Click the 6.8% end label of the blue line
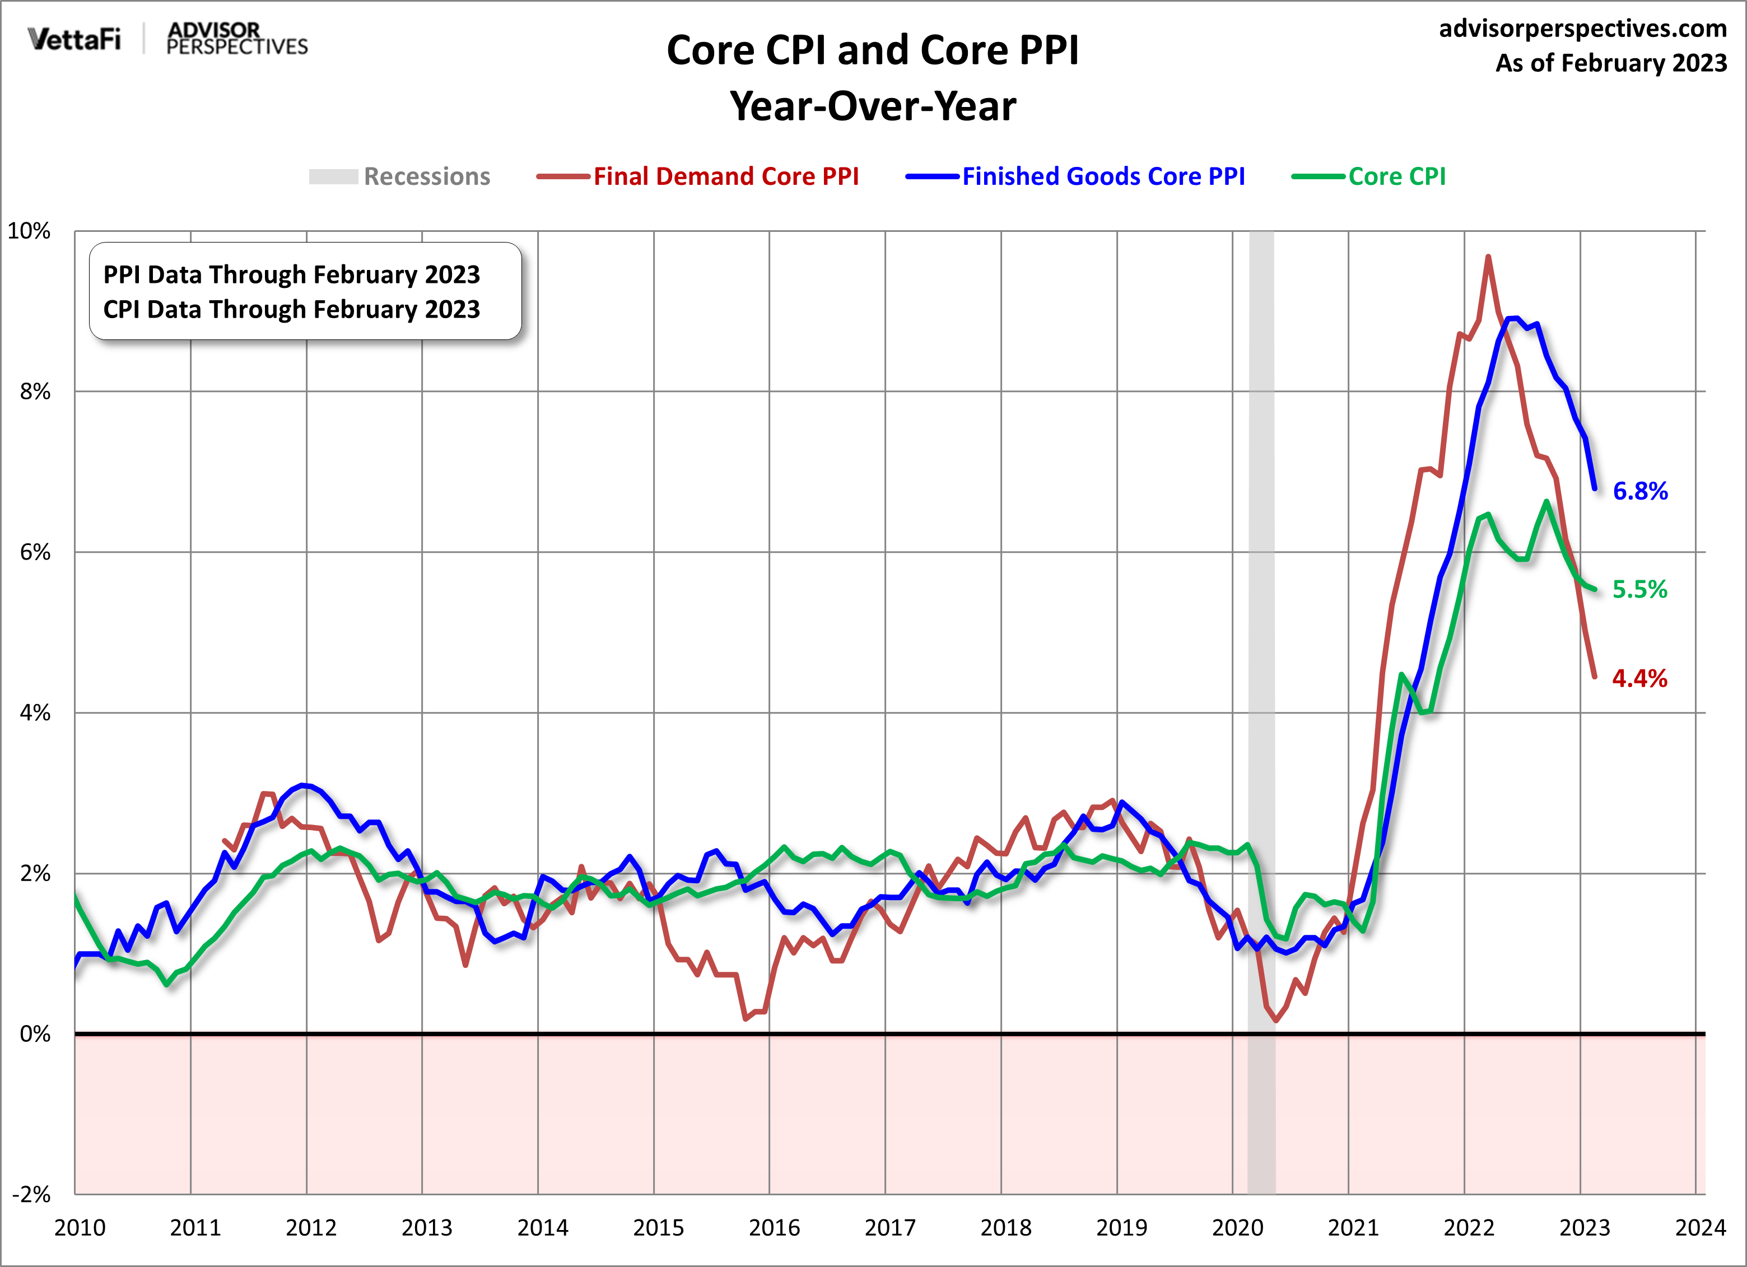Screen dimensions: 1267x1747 [x=1640, y=491]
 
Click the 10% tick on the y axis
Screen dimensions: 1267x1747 [x=29, y=231]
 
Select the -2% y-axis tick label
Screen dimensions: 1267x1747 [x=31, y=1195]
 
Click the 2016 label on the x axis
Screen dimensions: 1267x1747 [x=774, y=1228]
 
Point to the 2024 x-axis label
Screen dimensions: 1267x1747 [x=1700, y=1228]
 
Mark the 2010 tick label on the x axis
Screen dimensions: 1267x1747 [x=80, y=1228]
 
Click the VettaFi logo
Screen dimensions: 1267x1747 [x=74, y=39]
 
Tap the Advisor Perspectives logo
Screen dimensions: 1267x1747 [x=236, y=39]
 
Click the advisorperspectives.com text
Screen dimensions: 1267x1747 [x=1583, y=29]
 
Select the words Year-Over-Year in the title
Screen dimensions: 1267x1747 [x=873, y=106]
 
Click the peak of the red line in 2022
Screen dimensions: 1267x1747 [x=1488, y=257]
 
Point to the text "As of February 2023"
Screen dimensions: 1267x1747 [x=1611, y=63]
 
